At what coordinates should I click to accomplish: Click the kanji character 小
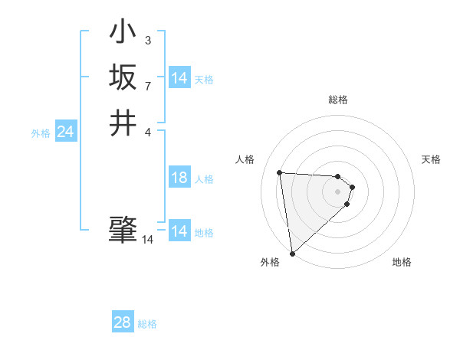pyautogui.click(x=123, y=32)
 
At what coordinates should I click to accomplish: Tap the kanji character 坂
pyautogui.click(x=123, y=77)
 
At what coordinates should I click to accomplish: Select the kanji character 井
pyautogui.click(x=123, y=122)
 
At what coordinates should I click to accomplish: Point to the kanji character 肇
pyautogui.click(x=123, y=231)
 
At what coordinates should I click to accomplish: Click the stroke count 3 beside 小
pyautogui.click(x=147, y=40)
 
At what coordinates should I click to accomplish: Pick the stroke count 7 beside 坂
pyautogui.click(x=147, y=85)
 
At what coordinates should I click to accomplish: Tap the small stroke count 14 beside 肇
pyautogui.click(x=147, y=240)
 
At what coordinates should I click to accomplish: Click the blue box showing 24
pyautogui.click(x=65, y=133)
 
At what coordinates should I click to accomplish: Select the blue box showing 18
pyautogui.click(x=179, y=178)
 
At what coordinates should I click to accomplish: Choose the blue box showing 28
pyautogui.click(x=122, y=322)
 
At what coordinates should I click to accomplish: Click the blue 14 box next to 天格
pyautogui.click(x=179, y=78)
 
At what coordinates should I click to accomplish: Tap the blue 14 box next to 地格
pyautogui.click(x=179, y=231)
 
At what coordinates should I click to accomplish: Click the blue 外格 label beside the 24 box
pyautogui.click(x=41, y=133)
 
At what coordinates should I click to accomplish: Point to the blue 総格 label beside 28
pyautogui.click(x=147, y=324)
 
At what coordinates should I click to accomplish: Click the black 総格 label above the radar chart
pyautogui.click(x=338, y=100)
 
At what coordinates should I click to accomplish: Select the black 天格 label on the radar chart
pyautogui.click(x=431, y=159)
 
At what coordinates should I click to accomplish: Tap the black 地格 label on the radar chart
pyautogui.click(x=402, y=262)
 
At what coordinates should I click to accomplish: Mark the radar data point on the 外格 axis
pyautogui.click(x=292, y=253)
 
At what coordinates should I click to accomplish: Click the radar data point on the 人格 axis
pyautogui.click(x=280, y=172)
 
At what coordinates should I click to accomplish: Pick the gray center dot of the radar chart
pyautogui.click(x=338, y=191)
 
